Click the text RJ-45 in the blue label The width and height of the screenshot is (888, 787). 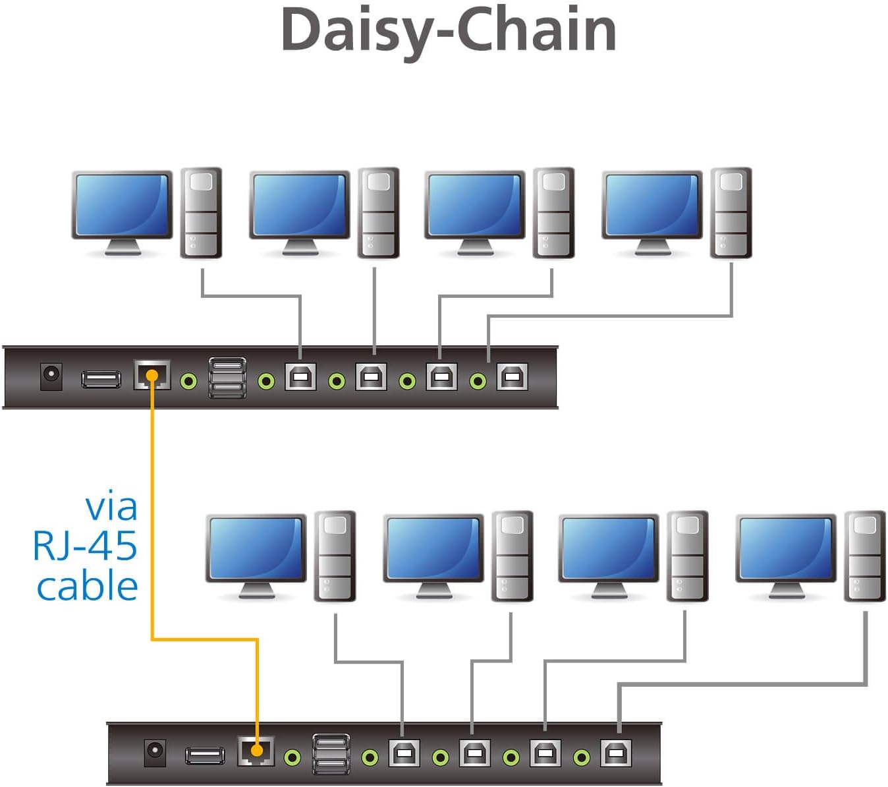pos(85,546)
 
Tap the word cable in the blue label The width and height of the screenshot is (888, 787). pos(87,586)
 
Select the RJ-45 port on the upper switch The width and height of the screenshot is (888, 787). pos(152,376)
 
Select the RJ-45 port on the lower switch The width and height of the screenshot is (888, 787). pos(256,751)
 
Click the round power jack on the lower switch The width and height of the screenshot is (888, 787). pos(155,752)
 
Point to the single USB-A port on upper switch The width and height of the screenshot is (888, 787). pos(101,379)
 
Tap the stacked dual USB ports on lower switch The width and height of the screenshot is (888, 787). pos(331,753)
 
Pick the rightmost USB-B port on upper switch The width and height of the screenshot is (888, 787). pos(512,377)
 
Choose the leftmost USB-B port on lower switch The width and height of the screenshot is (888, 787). pos(404,753)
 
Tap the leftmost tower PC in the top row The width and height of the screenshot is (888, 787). pos(201,212)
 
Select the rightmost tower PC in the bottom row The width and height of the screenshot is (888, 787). pos(864,556)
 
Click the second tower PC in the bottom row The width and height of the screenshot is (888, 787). pos(512,556)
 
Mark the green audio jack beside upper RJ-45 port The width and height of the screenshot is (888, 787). pos(189,381)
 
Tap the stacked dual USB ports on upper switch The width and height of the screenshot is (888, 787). pos(228,378)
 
